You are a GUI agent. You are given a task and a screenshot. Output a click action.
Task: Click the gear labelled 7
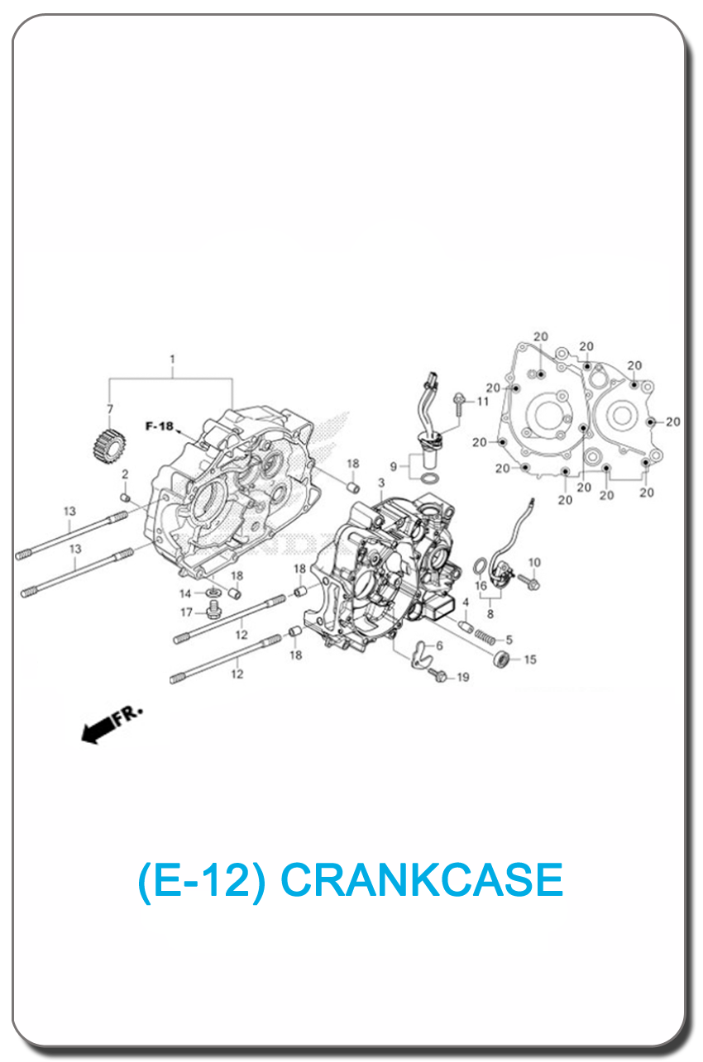(x=109, y=445)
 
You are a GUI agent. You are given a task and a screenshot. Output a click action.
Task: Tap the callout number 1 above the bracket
(x=172, y=360)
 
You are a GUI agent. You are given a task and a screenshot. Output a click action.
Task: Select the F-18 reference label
(x=160, y=426)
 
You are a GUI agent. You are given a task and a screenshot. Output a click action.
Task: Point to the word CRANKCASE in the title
(x=422, y=879)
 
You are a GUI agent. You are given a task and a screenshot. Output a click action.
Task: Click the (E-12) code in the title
(x=201, y=880)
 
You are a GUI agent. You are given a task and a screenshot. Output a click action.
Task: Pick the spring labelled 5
(x=485, y=636)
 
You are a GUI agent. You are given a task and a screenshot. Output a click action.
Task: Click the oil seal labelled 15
(x=501, y=659)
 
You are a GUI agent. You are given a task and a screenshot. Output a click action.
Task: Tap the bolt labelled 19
(x=438, y=675)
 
